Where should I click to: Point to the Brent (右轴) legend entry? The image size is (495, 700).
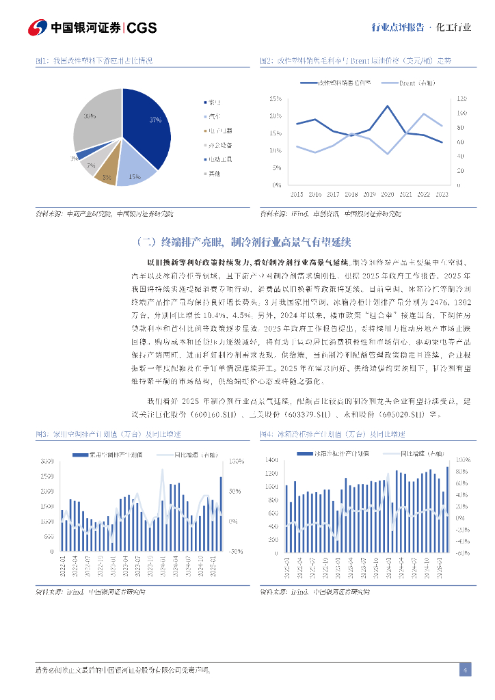(414, 83)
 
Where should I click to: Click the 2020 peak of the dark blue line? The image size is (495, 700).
(388, 107)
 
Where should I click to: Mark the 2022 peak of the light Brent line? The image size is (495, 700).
(424, 114)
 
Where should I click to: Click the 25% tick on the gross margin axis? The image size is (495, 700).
(276, 99)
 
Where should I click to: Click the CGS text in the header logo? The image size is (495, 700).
(142, 27)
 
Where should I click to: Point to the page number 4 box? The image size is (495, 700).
(465, 669)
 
